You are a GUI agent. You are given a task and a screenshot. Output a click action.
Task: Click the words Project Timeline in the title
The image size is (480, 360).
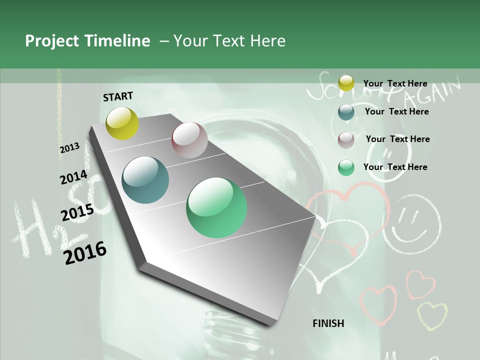pyautogui.click(x=87, y=41)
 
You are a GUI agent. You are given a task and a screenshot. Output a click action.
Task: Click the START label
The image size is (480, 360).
pyautogui.click(x=118, y=96)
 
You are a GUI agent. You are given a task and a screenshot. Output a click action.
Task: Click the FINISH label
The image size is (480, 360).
pyautogui.click(x=328, y=323)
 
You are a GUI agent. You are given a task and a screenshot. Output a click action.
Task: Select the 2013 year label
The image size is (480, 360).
pyautogui.click(x=70, y=148)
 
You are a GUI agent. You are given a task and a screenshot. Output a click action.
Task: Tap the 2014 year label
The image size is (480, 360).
pyautogui.click(x=74, y=177)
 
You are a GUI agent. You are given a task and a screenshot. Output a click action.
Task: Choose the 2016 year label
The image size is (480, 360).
pyautogui.click(x=85, y=253)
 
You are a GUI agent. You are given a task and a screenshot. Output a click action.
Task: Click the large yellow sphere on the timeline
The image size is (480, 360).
pyautogui.click(x=122, y=123)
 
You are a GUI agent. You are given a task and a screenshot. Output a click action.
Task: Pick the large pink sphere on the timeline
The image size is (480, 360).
pyautogui.click(x=189, y=140)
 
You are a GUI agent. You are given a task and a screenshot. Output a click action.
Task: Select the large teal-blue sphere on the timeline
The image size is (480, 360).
pyautogui.click(x=145, y=180)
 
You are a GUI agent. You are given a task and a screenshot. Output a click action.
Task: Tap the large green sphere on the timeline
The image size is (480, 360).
pyautogui.click(x=216, y=207)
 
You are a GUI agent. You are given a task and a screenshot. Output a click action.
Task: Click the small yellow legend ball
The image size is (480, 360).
pyautogui.click(x=346, y=83)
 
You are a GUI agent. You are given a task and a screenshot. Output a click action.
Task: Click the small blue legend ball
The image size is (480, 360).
pyautogui.click(x=346, y=112)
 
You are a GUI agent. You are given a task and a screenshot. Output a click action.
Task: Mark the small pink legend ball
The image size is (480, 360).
pyautogui.click(x=346, y=140)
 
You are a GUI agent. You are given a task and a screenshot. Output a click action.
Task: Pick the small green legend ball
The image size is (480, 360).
pyautogui.click(x=346, y=167)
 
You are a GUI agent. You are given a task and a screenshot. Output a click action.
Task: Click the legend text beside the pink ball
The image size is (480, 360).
pyautogui.click(x=397, y=139)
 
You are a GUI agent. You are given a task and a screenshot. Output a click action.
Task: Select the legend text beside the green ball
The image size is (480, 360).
pyautogui.click(x=395, y=167)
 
